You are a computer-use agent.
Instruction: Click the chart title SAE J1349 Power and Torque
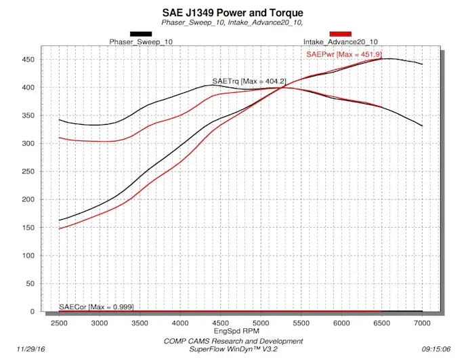(x=232, y=12)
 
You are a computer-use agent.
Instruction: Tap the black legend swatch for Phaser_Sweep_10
(x=141, y=33)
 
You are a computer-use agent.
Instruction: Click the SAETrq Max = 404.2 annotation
(x=244, y=81)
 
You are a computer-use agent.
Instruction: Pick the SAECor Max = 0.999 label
(x=96, y=307)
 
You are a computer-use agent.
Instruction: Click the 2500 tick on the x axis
(x=59, y=323)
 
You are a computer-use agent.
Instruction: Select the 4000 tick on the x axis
(x=180, y=323)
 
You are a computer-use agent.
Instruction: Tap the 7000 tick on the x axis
(x=422, y=323)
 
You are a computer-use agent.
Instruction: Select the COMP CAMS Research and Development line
(x=233, y=341)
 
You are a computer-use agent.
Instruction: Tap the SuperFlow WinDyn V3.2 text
(x=233, y=350)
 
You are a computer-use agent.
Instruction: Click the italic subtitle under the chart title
(x=232, y=22)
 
